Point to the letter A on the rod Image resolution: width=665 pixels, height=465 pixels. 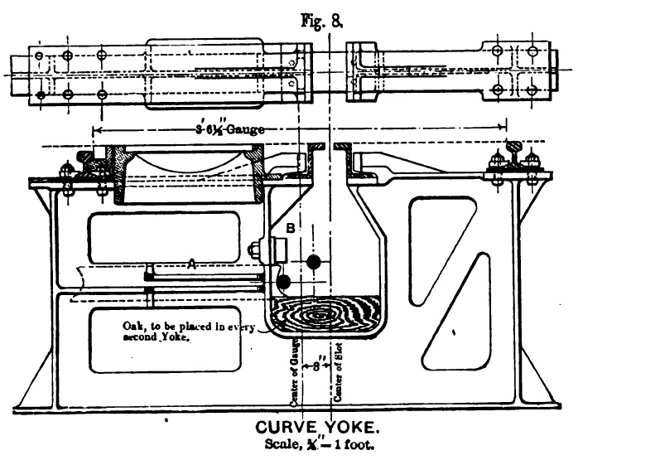pos(191,264)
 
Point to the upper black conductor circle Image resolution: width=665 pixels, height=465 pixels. pos(313,263)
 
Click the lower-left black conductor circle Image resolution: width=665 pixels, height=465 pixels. pos(284,282)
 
